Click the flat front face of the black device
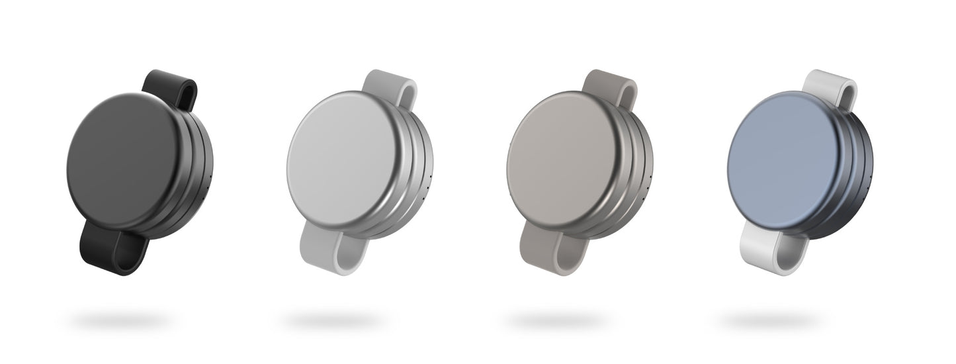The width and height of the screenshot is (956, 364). [x=122, y=162]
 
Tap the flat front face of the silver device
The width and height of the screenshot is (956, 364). [x=343, y=162]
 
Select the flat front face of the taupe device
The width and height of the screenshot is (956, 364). [x=562, y=162]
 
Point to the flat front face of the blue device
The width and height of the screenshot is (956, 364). [x=783, y=162]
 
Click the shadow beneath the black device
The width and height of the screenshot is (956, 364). [x=119, y=322]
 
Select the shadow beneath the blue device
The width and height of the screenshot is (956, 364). [x=767, y=322]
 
